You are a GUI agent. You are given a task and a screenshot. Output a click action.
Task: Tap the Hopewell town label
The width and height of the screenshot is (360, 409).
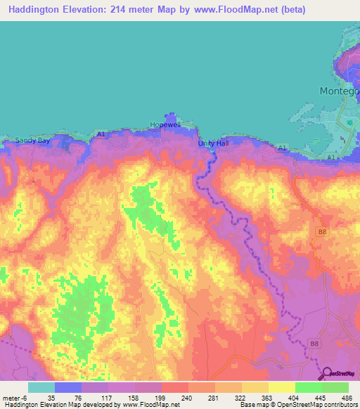(165, 124)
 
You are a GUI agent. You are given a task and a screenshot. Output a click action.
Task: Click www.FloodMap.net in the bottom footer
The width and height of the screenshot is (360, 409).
(150, 405)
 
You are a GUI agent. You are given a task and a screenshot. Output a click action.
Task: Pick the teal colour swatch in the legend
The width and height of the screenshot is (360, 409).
(41, 387)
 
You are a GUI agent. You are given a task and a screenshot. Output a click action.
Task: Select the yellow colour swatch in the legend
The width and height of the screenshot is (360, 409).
(282, 387)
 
